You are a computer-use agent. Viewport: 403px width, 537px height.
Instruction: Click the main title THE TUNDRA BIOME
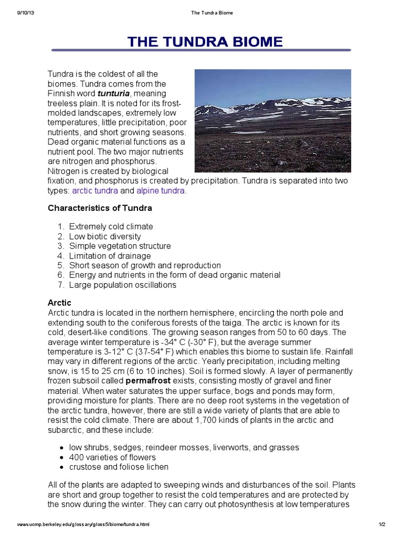coord(201,42)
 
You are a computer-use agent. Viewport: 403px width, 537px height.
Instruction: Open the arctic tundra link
coord(95,191)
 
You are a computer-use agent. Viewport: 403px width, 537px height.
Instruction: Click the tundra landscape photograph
coord(272,121)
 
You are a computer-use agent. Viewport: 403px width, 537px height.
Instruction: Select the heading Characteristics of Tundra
coord(100,208)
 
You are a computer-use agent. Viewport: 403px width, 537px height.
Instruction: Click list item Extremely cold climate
coord(111,227)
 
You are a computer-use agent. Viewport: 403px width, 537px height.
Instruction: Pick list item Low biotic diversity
coord(105,237)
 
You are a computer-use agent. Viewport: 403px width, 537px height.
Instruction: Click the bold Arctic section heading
coord(59,303)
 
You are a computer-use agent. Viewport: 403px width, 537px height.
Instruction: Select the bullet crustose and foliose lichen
coord(119,467)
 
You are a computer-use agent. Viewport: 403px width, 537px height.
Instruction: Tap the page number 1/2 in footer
coord(381,524)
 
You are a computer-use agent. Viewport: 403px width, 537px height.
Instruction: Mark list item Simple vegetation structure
coord(120,246)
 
